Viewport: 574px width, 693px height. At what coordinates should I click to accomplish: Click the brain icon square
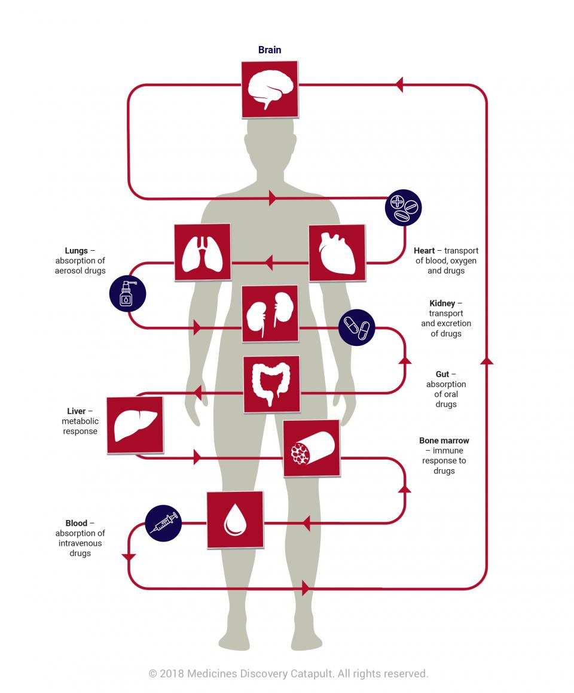[270, 89]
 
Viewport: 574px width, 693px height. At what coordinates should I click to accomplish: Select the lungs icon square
[203, 252]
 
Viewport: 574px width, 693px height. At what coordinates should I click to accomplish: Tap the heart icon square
[337, 253]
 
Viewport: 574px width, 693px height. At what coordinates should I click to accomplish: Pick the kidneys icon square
[270, 314]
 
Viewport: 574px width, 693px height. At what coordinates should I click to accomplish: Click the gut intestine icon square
[272, 384]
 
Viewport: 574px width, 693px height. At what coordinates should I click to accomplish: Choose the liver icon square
[135, 425]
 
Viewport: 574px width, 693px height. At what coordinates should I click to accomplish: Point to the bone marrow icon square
[311, 448]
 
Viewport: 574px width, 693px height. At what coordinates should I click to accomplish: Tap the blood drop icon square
[235, 519]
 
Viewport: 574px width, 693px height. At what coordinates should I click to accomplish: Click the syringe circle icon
[163, 524]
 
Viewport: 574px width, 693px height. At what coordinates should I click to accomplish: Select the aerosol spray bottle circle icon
[127, 293]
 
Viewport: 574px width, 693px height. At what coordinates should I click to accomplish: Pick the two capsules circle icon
[356, 327]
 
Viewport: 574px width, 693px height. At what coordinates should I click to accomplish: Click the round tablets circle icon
[404, 208]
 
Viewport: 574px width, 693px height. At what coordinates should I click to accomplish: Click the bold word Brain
[270, 50]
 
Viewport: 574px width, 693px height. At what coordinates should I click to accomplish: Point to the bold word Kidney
[442, 303]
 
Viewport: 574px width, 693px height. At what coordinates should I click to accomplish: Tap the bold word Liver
[77, 411]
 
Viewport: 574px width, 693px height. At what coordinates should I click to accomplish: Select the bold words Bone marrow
[444, 440]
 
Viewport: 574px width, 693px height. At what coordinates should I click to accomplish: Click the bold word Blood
[77, 523]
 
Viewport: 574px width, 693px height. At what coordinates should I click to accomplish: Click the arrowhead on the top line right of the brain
[399, 84]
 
